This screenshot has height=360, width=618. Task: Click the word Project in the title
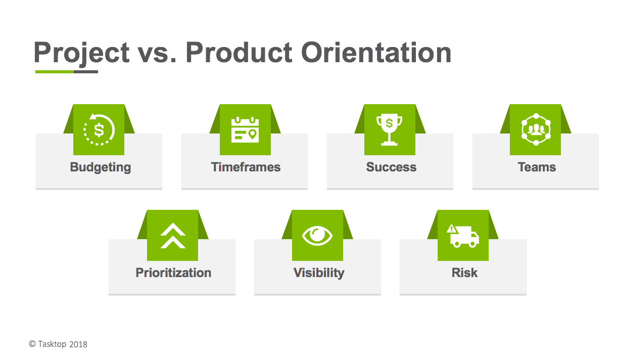pos(81,53)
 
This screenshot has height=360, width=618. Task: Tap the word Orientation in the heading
pos(376,52)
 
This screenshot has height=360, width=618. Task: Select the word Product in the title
pos(239,52)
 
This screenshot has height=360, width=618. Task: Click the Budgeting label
pos(101,167)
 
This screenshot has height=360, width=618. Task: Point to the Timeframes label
pos(246,167)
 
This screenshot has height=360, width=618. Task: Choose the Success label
pos(391,167)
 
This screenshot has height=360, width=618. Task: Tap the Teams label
pos(537,167)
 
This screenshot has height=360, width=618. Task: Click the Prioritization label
pos(173,273)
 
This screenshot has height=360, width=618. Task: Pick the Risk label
pos(464,273)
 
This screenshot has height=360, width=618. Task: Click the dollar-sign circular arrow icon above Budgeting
pos(99,129)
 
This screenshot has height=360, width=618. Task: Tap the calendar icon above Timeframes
pos(245,129)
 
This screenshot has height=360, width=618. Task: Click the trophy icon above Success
pos(389,129)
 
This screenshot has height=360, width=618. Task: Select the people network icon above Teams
pos(536,129)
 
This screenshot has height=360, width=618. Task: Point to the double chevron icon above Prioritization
pos(173,236)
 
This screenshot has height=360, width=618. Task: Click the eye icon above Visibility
pos(317,236)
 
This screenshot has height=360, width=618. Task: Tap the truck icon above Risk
pos(463,236)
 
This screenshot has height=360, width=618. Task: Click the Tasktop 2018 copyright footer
pos(58,344)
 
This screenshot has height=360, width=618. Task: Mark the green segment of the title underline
pos(55,72)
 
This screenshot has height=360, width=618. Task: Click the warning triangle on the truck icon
pos(452,229)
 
